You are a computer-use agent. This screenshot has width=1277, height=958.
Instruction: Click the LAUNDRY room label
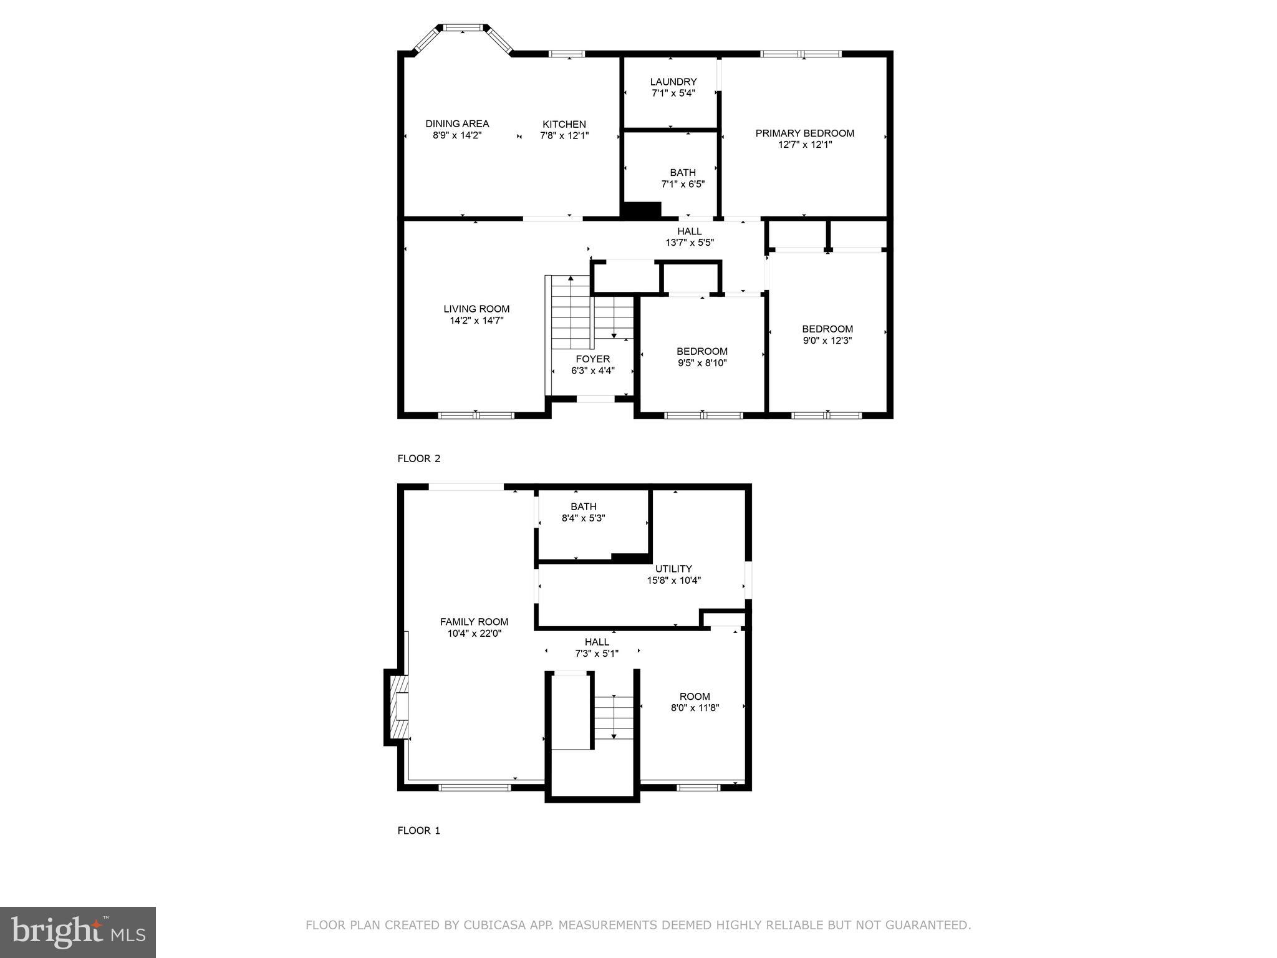pos(673,82)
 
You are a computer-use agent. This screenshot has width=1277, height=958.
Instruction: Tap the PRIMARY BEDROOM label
pos(804,133)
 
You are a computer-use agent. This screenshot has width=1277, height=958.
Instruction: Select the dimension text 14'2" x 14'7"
pos(476,321)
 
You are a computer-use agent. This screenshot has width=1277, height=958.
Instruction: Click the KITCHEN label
pos(564,124)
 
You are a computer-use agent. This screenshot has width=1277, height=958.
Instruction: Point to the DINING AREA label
pos(457,123)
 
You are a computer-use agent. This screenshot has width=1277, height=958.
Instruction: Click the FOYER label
pos(592,359)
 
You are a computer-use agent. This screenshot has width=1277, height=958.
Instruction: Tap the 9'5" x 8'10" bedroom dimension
pos(702,363)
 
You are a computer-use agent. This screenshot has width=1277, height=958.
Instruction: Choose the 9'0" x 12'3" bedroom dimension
pos(827,341)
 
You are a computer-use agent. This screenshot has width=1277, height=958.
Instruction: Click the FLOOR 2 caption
pos(419,458)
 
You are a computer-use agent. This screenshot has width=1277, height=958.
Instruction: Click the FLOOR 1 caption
pos(419,830)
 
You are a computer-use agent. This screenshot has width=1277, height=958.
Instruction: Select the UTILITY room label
pos(673,569)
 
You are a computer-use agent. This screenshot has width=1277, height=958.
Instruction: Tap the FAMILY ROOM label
pos(474,622)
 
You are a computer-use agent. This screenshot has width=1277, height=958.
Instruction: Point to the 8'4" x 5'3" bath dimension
pos(583,518)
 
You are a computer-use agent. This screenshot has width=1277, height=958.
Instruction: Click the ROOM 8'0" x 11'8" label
pos(695,697)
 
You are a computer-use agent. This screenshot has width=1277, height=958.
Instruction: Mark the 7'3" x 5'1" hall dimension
pos(597,654)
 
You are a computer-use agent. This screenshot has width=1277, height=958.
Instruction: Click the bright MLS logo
pos(78,932)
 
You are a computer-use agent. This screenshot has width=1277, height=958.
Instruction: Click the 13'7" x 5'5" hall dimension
pos(689,243)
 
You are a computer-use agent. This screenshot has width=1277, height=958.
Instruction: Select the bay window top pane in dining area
pos(462,27)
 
